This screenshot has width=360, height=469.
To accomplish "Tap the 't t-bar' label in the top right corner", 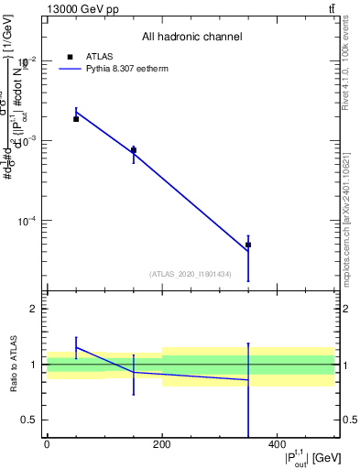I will click(x=331, y=9).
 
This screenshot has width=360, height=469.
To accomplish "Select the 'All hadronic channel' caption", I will click(x=192, y=38).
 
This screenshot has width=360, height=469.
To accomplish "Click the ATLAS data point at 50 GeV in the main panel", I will click(x=76, y=119).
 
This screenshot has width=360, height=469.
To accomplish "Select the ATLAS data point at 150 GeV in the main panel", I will click(x=134, y=150).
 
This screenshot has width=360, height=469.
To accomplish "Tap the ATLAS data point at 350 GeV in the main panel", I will click(x=248, y=245).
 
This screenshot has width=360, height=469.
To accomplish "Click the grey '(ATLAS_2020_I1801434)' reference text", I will click(x=190, y=274).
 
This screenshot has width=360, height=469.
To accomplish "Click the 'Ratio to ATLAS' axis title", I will click(x=15, y=365).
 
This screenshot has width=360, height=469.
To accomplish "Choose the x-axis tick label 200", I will click(x=162, y=445).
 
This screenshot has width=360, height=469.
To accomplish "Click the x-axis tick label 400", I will click(x=277, y=445).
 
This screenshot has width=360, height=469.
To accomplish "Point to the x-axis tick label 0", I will click(x=47, y=445).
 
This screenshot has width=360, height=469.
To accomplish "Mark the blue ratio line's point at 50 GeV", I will click(x=76, y=347).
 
